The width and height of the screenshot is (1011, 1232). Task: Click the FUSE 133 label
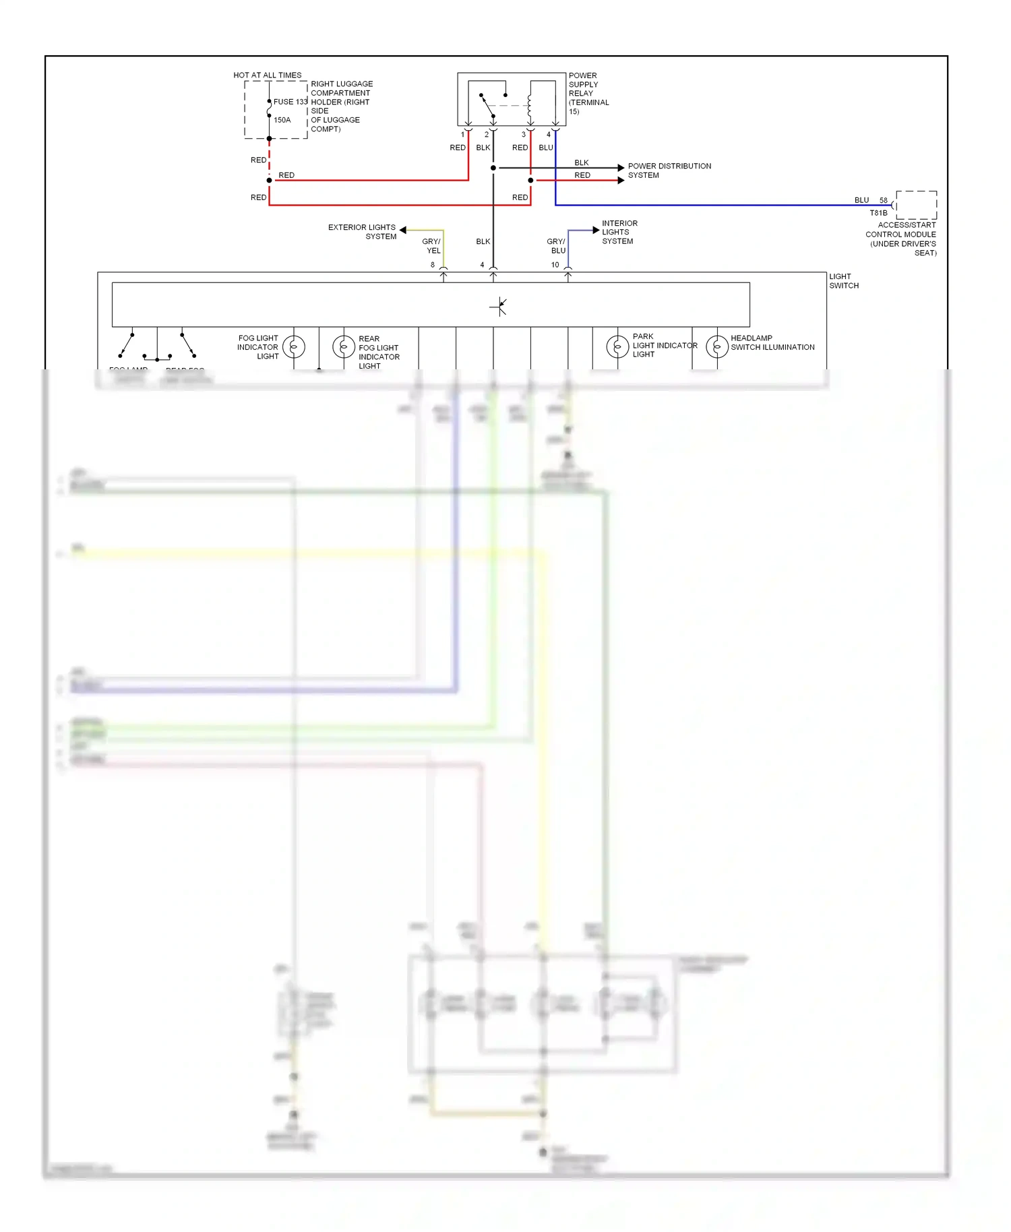click(290, 102)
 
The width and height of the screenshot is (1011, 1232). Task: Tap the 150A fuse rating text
click(282, 120)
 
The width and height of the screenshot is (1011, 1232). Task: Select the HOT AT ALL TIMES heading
click(267, 75)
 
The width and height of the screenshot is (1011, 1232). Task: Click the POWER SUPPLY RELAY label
click(588, 94)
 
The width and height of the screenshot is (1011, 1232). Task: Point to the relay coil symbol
click(530, 106)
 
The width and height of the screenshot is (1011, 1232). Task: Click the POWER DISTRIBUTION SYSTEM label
click(669, 171)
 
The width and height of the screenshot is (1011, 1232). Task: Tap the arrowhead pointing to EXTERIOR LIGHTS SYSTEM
click(403, 230)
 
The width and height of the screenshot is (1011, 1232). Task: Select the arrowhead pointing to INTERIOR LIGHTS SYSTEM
click(596, 230)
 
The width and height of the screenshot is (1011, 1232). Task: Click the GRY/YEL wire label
click(432, 246)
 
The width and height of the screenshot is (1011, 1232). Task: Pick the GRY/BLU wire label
click(557, 246)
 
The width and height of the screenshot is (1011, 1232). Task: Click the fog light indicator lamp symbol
click(294, 347)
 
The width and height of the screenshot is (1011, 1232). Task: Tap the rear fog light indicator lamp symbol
click(344, 347)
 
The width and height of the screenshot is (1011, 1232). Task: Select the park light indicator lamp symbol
click(617, 346)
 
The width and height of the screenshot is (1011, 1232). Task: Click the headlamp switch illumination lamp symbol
click(717, 346)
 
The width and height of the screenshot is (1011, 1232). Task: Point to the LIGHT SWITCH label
click(844, 281)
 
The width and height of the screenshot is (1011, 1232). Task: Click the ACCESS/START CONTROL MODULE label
click(902, 239)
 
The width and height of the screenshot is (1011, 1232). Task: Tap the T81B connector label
click(878, 213)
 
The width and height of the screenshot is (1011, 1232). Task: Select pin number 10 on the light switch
click(555, 265)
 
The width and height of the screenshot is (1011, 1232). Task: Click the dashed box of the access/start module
click(917, 205)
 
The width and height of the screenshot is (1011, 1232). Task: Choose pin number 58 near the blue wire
click(883, 200)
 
